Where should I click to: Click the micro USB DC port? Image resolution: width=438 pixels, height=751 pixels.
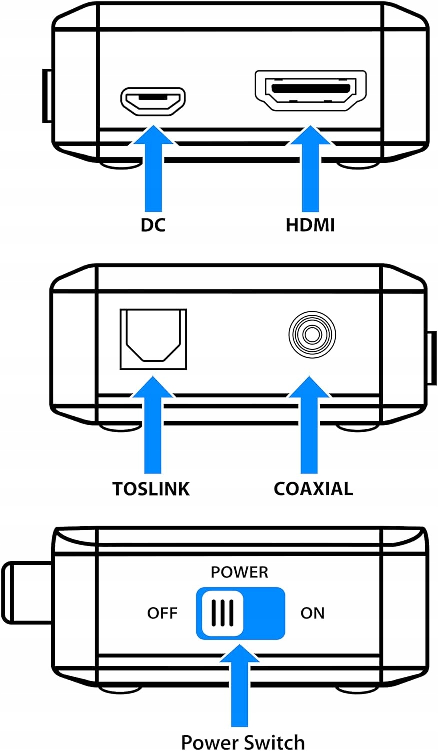point(153,100)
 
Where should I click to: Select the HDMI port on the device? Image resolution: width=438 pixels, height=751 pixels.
point(310,90)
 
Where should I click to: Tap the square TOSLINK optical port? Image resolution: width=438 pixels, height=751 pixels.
point(153,339)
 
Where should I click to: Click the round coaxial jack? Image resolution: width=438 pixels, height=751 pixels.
point(312,335)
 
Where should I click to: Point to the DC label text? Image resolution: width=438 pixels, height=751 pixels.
point(153,225)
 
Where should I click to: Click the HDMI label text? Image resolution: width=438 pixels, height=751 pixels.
point(310,225)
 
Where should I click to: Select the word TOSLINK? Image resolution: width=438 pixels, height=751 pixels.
point(151,489)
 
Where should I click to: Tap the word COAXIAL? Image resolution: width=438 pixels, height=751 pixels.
point(313,489)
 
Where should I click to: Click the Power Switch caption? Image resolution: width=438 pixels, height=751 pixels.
point(243,742)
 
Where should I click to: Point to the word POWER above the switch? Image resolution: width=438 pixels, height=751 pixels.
point(239,572)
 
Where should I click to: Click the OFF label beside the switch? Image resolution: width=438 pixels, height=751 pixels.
point(162,613)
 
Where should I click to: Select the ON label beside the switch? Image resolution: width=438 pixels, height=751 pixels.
point(312,613)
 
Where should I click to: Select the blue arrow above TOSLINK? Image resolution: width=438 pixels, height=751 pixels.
point(153,426)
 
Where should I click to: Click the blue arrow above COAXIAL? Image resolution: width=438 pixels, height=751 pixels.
point(309,426)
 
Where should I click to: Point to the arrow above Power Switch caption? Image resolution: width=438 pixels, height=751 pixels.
point(240,686)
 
